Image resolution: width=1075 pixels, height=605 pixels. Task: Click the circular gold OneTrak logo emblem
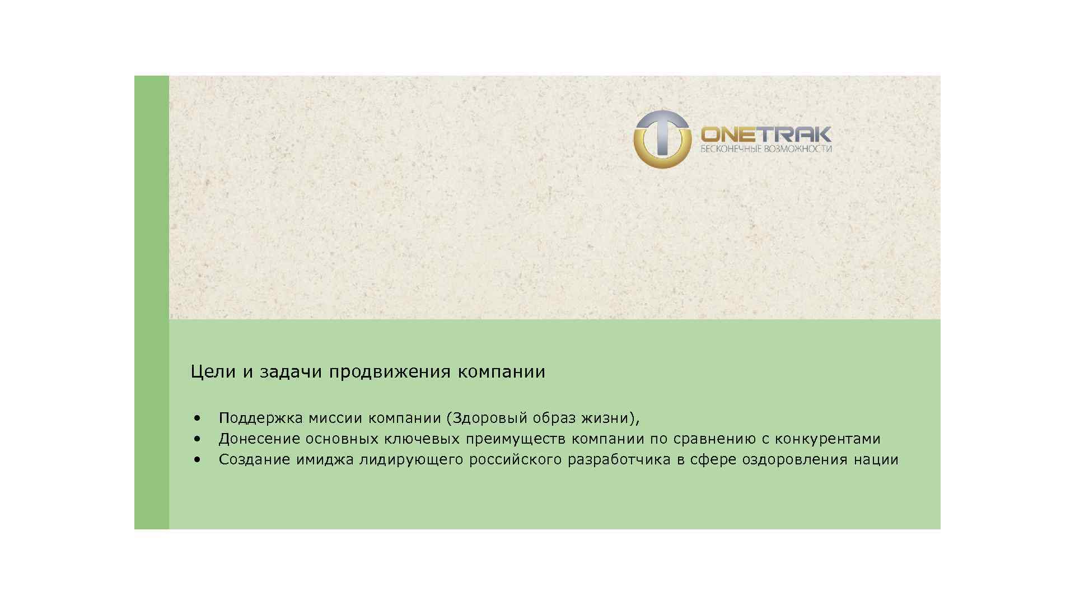click(x=662, y=139)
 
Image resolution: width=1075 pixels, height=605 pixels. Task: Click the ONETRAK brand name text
click(x=765, y=134)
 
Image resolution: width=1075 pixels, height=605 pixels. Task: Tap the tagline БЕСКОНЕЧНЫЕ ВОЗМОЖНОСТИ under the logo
click(x=765, y=149)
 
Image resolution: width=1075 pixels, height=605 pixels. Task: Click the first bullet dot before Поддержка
click(x=197, y=418)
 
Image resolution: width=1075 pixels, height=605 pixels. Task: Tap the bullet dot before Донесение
click(x=197, y=439)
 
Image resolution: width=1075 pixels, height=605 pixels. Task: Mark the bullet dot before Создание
click(x=197, y=459)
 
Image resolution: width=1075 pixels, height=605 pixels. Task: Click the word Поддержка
click(x=260, y=418)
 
